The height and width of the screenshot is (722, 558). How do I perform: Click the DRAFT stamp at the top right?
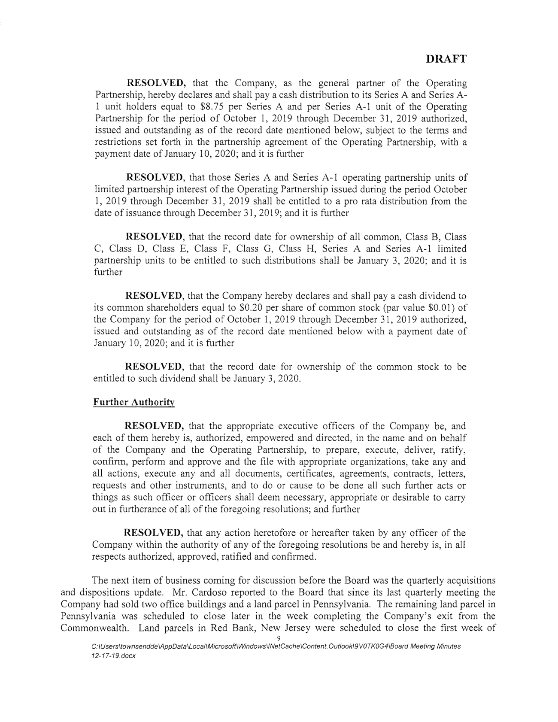pos(446,59)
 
